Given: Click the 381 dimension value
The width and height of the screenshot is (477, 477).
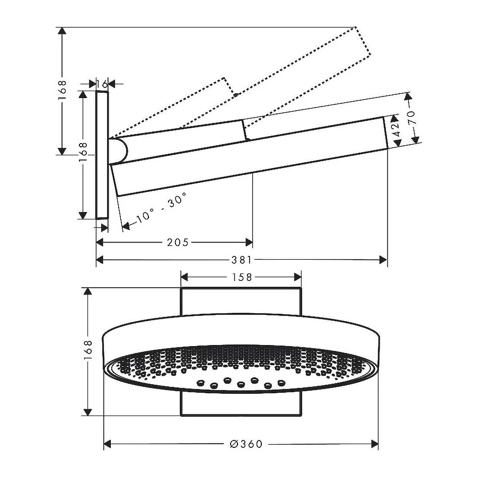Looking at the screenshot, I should click(x=242, y=260).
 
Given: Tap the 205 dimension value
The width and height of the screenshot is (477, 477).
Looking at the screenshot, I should click(x=178, y=242).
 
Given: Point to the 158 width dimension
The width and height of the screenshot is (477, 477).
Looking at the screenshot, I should click(x=241, y=277).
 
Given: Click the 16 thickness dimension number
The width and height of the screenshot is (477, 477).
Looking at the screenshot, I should click(x=102, y=84).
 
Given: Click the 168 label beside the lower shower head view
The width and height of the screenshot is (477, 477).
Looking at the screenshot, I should click(x=89, y=351).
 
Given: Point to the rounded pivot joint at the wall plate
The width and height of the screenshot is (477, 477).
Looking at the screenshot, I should click(x=119, y=150).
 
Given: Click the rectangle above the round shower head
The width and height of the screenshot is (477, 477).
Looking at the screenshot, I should click(x=241, y=302).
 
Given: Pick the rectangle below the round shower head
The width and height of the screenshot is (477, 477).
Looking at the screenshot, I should click(x=241, y=404).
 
